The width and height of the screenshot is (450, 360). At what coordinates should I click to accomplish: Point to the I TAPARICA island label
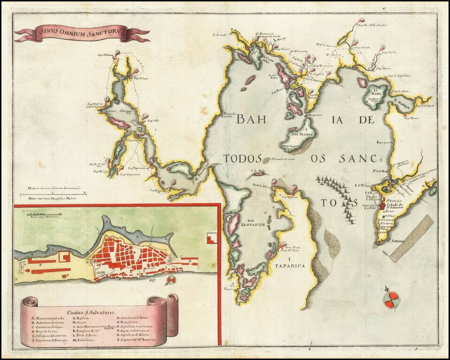(x=289, y=262)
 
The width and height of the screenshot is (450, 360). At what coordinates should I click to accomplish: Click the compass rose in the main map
(x=391, y=300)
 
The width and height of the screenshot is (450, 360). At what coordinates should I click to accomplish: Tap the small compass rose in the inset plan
(x=171, y=280)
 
